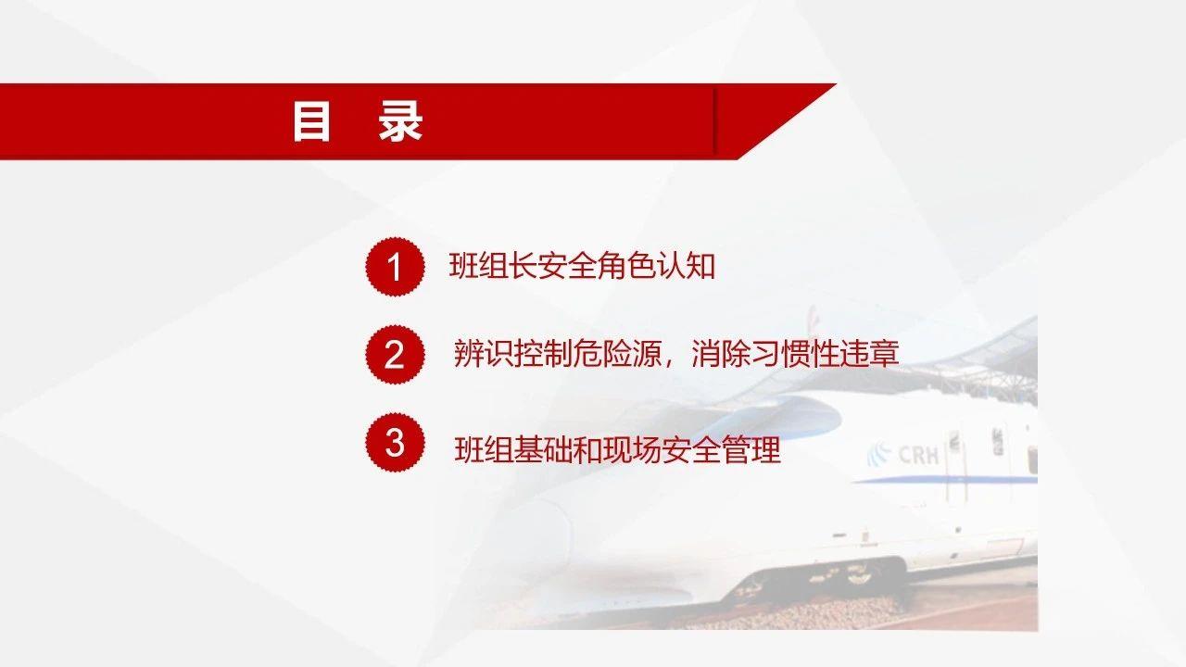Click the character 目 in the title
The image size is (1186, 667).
click(x=311, y=122)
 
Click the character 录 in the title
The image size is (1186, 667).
click(x=400, y=122)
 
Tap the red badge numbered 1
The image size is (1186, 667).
click(x=394, y=267)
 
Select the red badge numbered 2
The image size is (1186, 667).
click(x=394, y=354)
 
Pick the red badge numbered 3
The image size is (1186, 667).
click(x=394, y=443)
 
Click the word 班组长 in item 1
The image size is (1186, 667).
click(x=489, y=267)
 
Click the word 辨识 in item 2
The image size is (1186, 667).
click(x=480, y=354)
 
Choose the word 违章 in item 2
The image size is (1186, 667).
click(x=871, y=354)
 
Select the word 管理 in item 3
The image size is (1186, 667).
click(x=754, y=450)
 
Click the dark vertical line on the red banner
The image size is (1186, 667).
click(x=715, y=121)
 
